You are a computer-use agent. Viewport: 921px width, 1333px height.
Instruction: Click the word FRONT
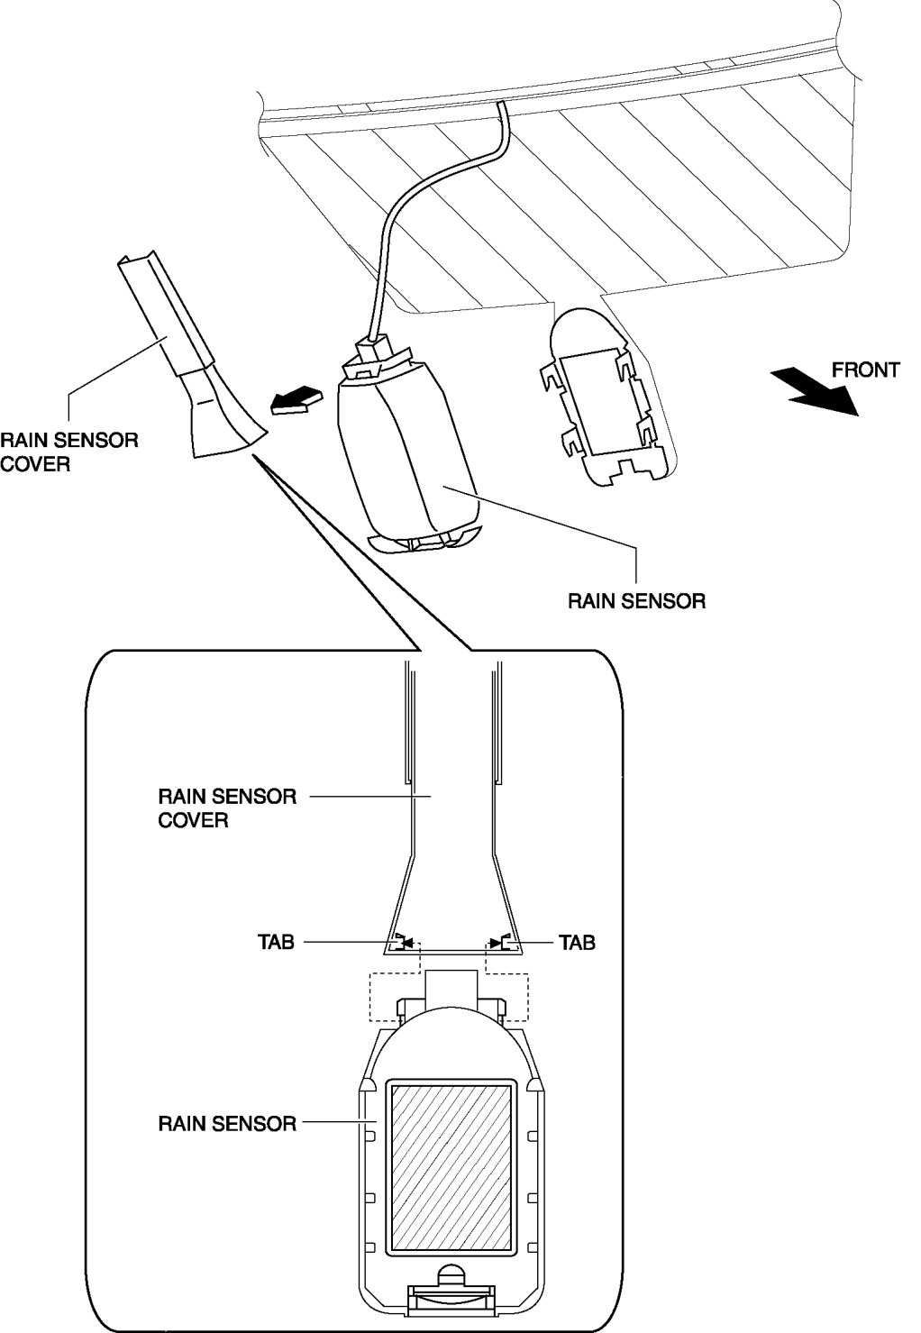click(864, 370)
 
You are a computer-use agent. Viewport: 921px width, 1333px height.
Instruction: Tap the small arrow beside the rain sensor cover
click(295, 400)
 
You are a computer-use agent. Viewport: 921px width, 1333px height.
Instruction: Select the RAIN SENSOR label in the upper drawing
click(636, 600)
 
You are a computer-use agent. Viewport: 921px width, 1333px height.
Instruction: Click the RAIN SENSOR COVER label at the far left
click(68, 452)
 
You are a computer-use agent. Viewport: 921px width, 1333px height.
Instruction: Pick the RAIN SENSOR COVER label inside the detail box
click(227, 808)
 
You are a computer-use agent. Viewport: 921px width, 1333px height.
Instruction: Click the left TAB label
click(276, 943)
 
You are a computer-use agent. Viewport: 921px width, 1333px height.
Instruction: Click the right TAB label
click(577, 943)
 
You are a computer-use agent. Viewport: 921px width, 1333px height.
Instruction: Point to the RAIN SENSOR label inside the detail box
click(227, 1124)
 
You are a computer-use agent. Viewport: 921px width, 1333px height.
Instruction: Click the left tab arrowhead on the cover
click(406, 943)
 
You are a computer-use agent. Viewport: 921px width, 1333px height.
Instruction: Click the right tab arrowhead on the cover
click(497, 943)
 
